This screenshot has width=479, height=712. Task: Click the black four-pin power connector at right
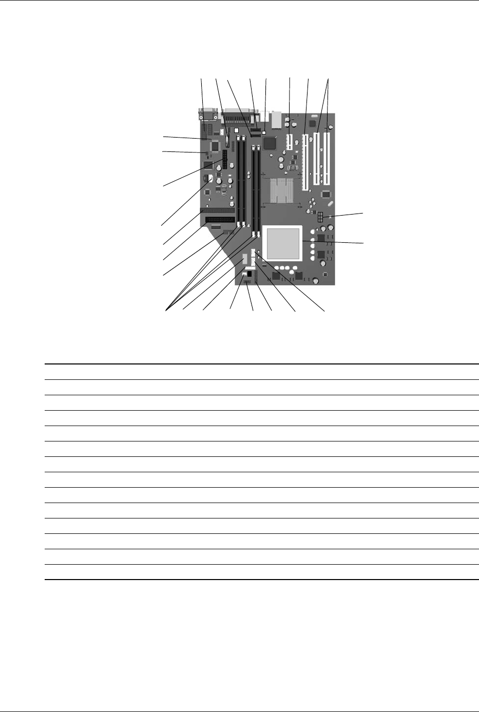(x=319, y=218)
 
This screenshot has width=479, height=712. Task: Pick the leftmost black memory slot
(x=240, y=182)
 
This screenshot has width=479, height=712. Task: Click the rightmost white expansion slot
(x=327, y=157)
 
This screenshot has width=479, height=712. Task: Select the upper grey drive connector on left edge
(x=218, y=211)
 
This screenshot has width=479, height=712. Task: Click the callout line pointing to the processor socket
(x=334, y=242)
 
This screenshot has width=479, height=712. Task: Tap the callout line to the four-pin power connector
(x=344, y=215)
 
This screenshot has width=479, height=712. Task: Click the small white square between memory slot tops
(x=236, y=131)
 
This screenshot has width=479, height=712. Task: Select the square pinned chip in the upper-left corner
(x=215, y=146)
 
